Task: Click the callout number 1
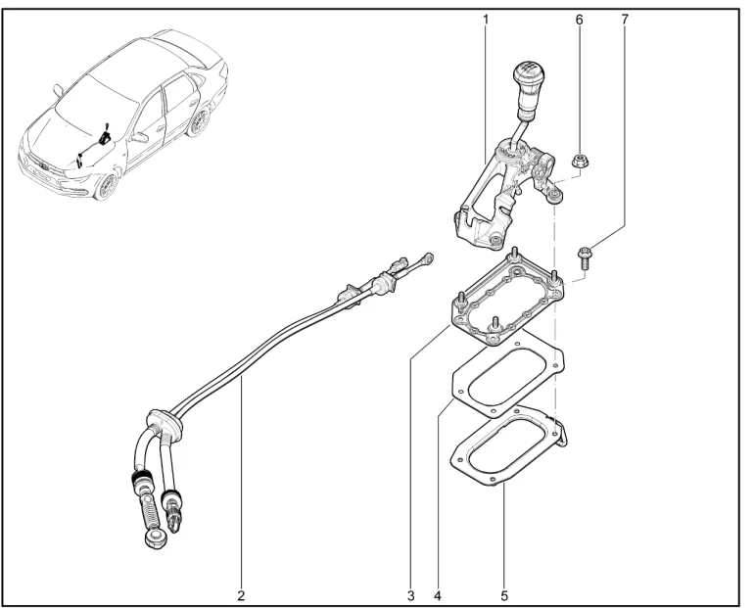tap(486, 20)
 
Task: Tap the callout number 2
tap(241, 595)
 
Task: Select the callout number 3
tap(410, 595)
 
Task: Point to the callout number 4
tap(437, 595)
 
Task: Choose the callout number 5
tap(504, 595)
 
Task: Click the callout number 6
tap(579, 20)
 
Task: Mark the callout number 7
tap(625, 20)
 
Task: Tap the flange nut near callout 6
tap(579, 161)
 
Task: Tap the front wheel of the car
tap(107, 185)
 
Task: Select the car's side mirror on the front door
tap(139, 137)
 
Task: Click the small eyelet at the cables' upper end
tap(427, 258)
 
